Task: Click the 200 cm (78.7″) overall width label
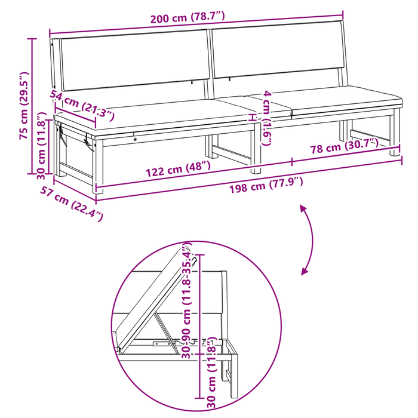click(x=188, y=17)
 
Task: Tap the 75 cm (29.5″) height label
click(x=24, y=105)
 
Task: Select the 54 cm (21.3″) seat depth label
click(x=82, y=105)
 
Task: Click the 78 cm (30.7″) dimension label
click(x=345, y=146)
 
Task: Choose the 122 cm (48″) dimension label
click(x=179, y=169)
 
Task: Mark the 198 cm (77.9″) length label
click(x=266, y=185)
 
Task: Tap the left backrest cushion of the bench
click(x=135, y=60)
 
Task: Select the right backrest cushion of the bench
click(x=278, y=50)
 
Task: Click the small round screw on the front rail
click(x=136, y=139)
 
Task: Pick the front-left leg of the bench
click(x=97, y=166)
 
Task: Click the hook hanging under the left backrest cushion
click(x=192, y=83)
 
